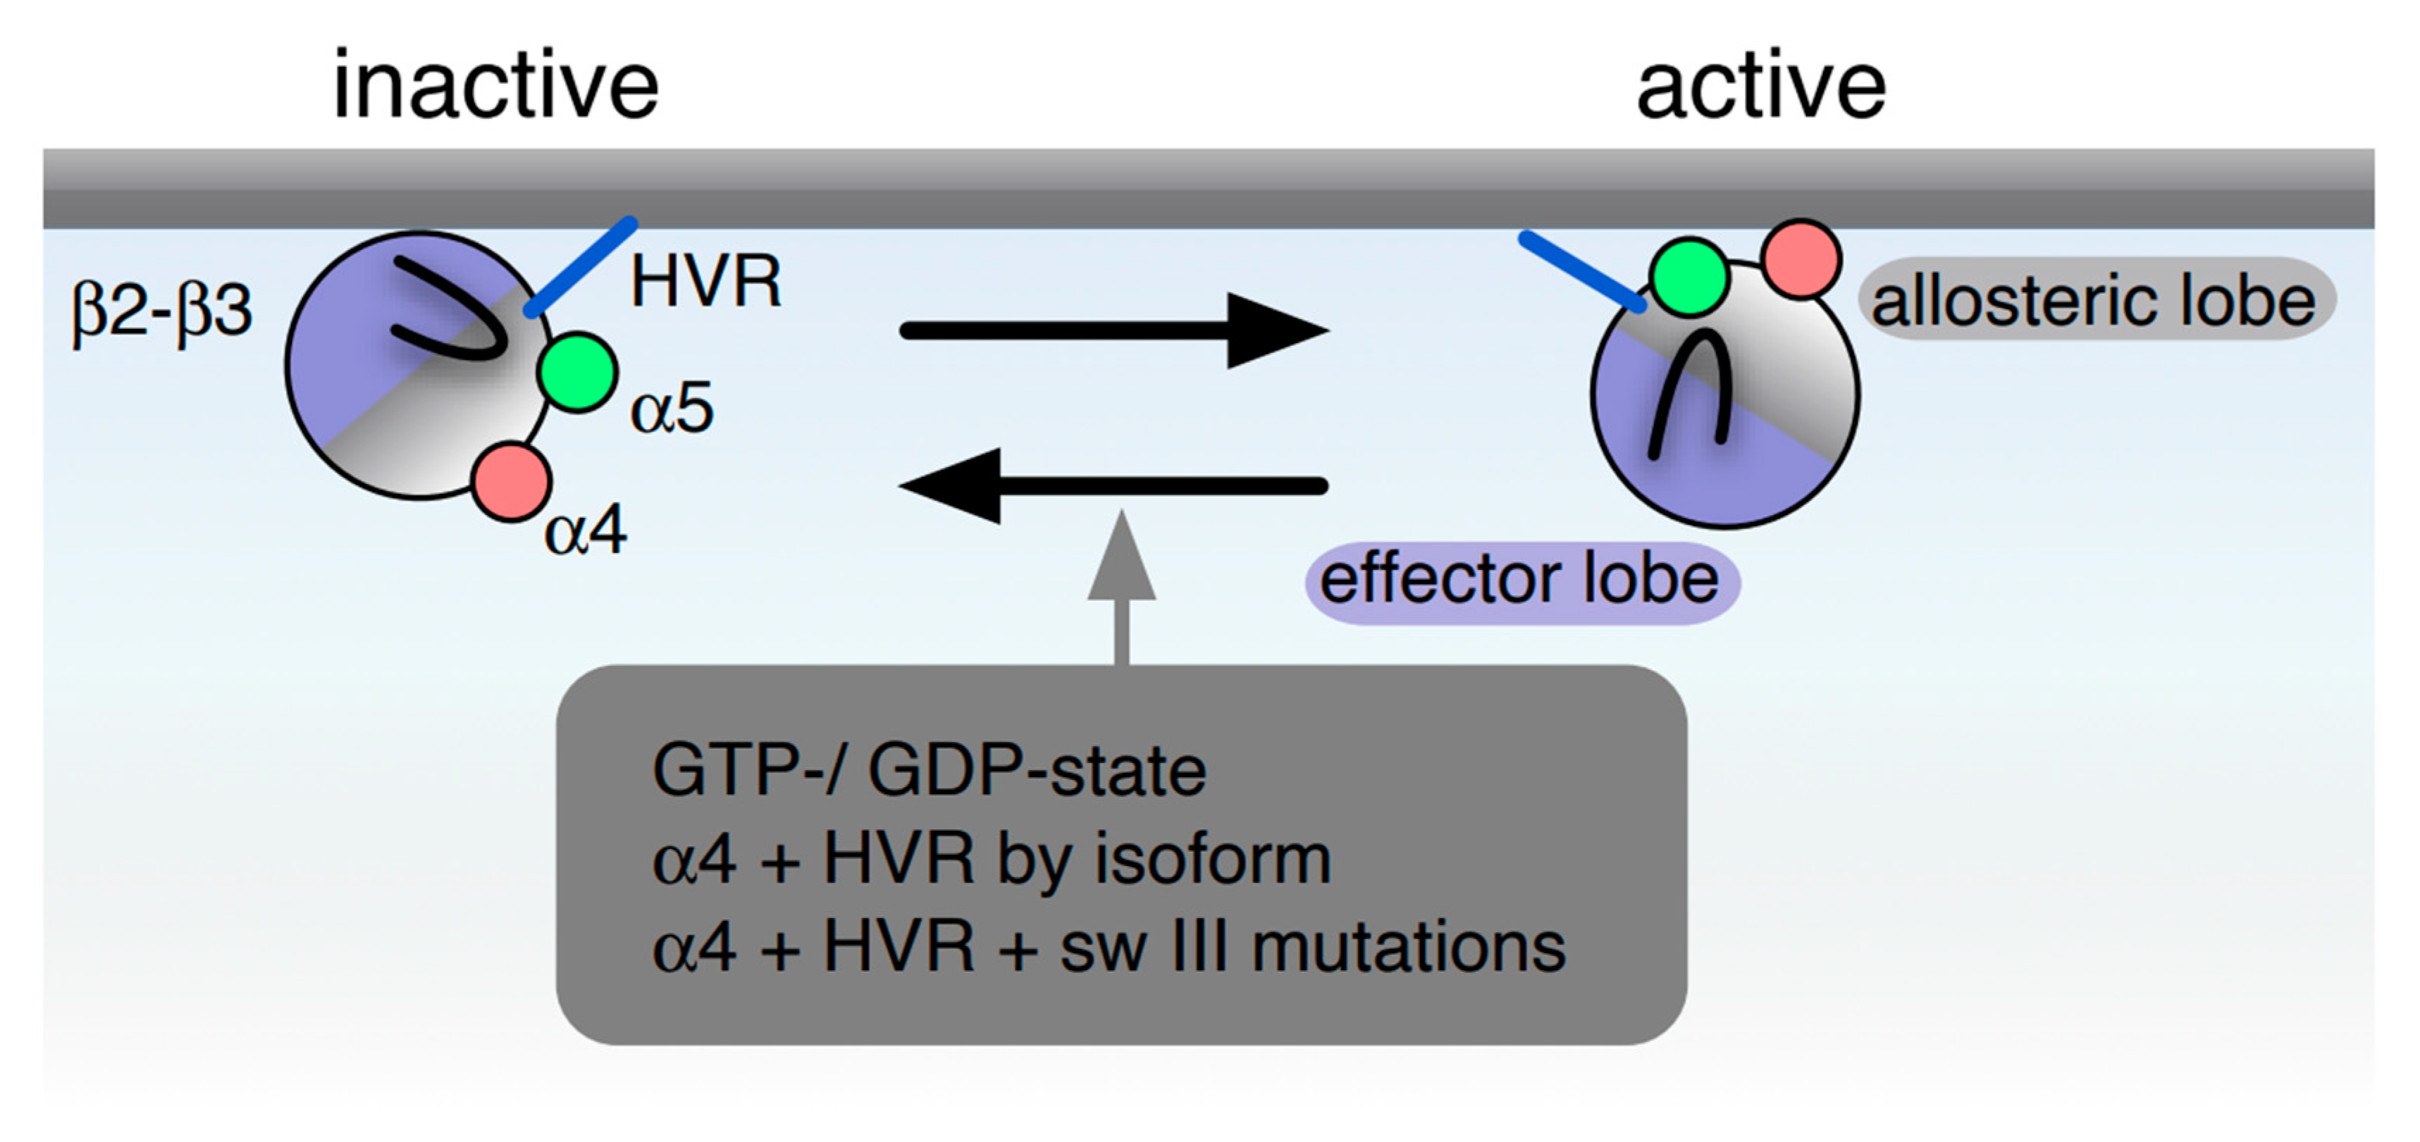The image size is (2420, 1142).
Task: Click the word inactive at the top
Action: [x=496, y=87]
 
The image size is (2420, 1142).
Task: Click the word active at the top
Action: [x=1760, y=87]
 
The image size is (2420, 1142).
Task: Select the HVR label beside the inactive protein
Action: [x=705, y=282]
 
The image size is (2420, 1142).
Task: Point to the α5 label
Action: [x=672, y=409]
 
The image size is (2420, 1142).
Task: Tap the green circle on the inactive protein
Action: [x=577, y=372]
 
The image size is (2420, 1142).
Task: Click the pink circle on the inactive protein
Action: [x=510, y=481]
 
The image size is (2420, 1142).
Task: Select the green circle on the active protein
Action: [x=1689, y=277]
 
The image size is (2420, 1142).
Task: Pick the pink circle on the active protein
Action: [x=1800, y=259]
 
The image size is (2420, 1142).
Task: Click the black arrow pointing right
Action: [x=1113, y=330]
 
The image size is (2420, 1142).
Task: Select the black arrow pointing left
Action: [x=1113, y=485]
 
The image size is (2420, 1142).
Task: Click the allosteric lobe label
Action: [x=2094, y=301]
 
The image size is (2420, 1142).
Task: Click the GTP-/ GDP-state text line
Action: [x=928, y=771]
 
